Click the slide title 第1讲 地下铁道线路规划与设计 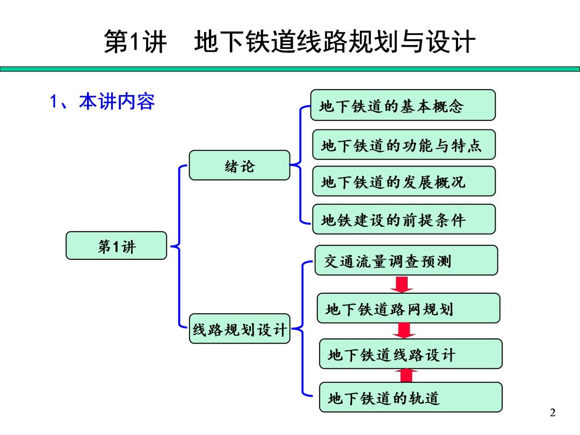pyautogui.click(x=290, y=42)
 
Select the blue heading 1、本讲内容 pyautogui.click(x=103, y=102)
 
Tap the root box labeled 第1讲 pyautogui.click(x=117, y=246)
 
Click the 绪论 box pyautogui.click(x=239, y=165)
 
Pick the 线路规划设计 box pyautogui.click(x=240, y=329)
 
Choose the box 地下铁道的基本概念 pyautogui.click(x=403, y=105)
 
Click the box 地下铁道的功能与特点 pyautogui.click(x=404, y=145)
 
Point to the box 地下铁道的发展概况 pyautogui.click(x=404, y=182)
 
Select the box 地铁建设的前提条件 pyautogui.click(x=404, y=219)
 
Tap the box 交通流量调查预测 pyautogui.click(x=406, y=260)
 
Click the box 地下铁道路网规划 pyautogui.click(x=408, y=308)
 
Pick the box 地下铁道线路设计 pyautogui.click(x=410, y=354)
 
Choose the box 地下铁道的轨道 pyautogui.click(x=410, y=397)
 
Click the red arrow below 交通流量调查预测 pyautogui.click(x=402, y=284)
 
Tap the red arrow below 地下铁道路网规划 pyautogui.click(x=404, y=330)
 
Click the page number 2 pyautogui.click(x=553, y=413)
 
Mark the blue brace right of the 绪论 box pyautogui.click(x=300, y=165)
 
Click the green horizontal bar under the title pyautogui.click(x=290, y=69)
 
